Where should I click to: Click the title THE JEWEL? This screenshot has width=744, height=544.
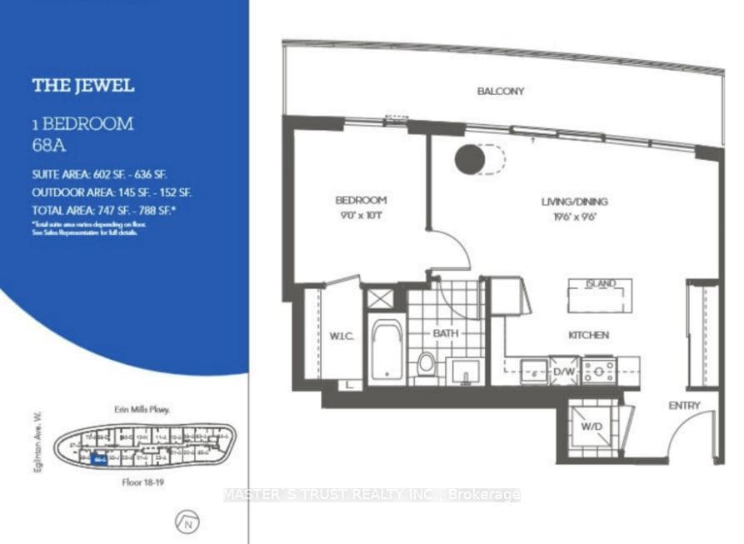(x=82, y=86)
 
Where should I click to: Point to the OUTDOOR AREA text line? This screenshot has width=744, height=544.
(x=113, y=192)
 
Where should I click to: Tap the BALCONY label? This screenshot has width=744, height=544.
(x=500, y=91)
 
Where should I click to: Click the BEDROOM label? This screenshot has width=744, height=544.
(x=361, y=200)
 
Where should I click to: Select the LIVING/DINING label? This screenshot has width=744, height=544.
(x=574, y=202)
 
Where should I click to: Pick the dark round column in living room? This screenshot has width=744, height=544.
(x=470, y=159)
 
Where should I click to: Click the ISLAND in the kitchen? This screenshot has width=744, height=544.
(x=600, y=295)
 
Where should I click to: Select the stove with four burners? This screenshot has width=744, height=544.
(x=598, y=370)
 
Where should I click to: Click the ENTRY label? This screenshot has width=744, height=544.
(x=684, y=406)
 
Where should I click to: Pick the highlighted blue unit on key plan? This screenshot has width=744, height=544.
(x=99, y=457)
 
